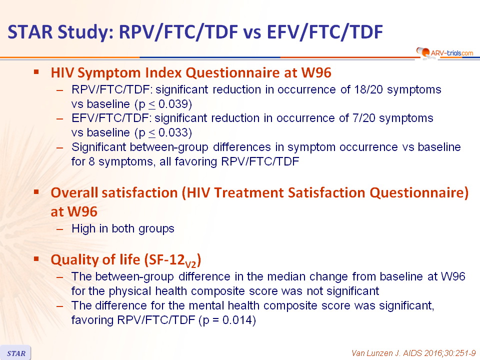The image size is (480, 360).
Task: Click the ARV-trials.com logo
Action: (x=444, y=52)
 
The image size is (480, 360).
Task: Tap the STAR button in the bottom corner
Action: (x=15, y=353)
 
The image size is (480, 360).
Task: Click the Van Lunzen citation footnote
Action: (x=413, y=353)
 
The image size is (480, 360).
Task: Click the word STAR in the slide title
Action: (x=30, y=31)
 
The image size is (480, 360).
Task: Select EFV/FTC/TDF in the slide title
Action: (x=325, y=32)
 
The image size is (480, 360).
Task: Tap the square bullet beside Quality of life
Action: (x=36, y=259)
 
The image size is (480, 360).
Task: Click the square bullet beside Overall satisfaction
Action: (x=36, y=192)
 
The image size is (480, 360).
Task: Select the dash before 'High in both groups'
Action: (x=59, y=229)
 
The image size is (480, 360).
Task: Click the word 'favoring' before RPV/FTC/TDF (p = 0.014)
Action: (x=92, y=320)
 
